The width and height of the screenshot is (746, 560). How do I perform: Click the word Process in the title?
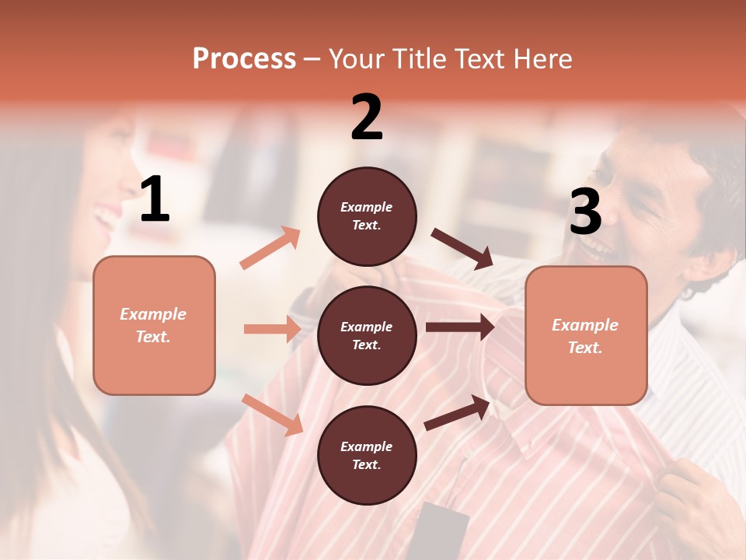244,59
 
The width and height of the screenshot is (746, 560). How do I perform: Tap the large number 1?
155,200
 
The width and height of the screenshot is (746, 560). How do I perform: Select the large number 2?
367,117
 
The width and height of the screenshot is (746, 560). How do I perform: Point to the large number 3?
585,212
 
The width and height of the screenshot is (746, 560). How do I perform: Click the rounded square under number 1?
154,325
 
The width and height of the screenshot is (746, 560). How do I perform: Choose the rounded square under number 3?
586,336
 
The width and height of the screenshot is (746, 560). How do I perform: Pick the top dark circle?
367,216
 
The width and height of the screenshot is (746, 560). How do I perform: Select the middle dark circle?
367,335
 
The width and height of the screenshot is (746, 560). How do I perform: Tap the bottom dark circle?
367,455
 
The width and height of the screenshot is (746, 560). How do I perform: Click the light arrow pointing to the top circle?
270,248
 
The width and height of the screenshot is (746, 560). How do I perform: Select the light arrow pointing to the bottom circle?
272,414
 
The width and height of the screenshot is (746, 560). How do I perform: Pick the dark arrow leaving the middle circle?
460,327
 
